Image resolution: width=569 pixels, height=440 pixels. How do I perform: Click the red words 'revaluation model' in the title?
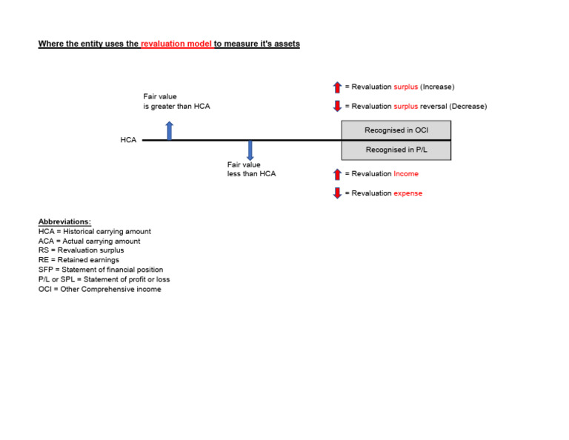[x=176, y=44]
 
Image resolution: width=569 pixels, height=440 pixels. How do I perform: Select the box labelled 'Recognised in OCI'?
[x=396, y=130]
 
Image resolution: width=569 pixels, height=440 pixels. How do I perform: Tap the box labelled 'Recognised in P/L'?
[x=396, y=150]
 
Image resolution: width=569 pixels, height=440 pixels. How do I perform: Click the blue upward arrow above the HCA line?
[x=170, y=130]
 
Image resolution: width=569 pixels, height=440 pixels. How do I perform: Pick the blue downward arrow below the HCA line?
[x=250, y=150]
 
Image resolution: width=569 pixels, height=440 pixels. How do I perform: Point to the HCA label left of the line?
[x=128, y=140]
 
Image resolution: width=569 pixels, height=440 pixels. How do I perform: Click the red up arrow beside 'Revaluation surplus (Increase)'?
[x=337, y=87]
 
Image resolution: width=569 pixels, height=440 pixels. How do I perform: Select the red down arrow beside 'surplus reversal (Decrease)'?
[x=337, y=107]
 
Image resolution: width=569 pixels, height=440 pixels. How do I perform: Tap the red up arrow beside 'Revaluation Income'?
[x=337, y=174]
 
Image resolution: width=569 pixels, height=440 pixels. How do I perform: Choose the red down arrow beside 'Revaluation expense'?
[x=337, y=193]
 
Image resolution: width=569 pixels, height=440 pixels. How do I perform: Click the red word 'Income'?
[x=406, y=174]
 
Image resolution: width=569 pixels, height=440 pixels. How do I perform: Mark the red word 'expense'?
[x=407, y=193]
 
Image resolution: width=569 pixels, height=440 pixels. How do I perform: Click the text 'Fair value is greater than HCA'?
[x=176, y=101]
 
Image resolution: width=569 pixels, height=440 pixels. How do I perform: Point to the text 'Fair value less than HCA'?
[x=251, y=169]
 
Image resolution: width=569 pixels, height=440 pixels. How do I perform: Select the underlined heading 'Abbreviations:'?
[x=64, y=221]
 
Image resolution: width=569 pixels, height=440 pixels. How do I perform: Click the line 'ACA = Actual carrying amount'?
[x=89, y=241]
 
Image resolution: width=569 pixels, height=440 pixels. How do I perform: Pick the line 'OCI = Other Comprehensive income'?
[x=99, y=289]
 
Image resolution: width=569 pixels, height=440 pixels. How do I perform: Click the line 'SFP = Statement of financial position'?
[x=101, y=270]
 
